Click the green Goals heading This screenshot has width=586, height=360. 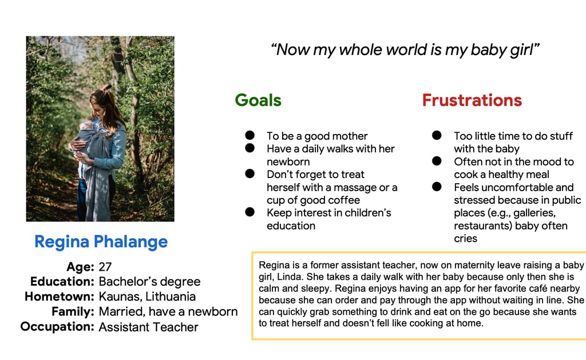pos(258,101)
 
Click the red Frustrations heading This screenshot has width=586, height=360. pos(472,100)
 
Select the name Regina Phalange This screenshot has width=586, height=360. pos(101,242)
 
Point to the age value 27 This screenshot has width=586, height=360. pos(105,267)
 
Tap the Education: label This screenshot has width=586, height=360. pos(62,281)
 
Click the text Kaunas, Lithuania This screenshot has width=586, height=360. pos(147,296)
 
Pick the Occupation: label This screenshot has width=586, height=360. pos(57,326)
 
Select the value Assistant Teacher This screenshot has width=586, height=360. pos(148,327)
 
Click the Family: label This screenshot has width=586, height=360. pos(73,311)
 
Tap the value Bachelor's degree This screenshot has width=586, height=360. pos(149,281)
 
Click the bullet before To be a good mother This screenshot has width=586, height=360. pos(250,135)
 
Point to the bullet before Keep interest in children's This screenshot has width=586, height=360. pos(250,212)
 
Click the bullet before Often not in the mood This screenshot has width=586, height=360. pos(437,161)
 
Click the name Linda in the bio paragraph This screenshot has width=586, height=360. pos(289,277)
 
